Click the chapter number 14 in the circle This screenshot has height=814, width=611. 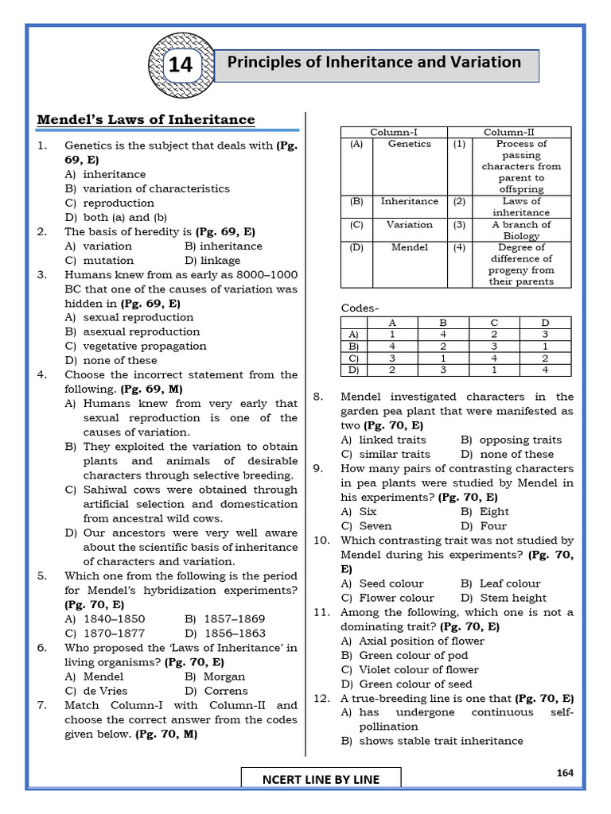[x=181, y=65]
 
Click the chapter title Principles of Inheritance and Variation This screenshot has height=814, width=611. [x=375, y=63]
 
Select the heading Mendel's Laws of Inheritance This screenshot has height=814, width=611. [x=146, y=120]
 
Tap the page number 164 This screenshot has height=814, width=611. [x=566, y=772]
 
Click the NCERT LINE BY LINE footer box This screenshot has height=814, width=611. [x=321, y=779]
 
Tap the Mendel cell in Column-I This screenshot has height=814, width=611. [x=410, y=247]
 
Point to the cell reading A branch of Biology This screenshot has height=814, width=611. [x=521, y=230]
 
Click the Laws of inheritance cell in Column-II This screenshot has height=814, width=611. [x=521, y=207]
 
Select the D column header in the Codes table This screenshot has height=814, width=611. [x=545, y=323]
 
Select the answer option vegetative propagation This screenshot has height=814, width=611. [x=135, y=346]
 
